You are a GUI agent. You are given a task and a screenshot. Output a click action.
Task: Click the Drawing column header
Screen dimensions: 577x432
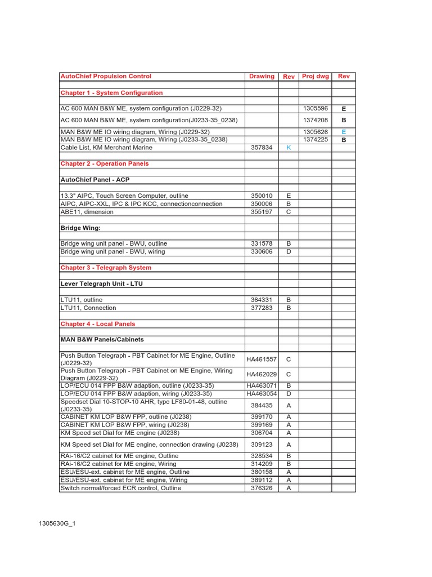point(262,77)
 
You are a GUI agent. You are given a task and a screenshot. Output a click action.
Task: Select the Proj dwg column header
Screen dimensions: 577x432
point(315,77)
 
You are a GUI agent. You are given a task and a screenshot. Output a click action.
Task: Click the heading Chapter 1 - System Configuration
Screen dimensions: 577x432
point(111,93)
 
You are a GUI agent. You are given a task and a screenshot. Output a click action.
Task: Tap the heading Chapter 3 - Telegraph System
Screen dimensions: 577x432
point(106,268)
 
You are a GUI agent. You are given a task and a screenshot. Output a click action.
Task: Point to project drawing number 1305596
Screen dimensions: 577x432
point(315,108)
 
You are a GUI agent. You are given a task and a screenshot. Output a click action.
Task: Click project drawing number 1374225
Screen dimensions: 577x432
point(315,139)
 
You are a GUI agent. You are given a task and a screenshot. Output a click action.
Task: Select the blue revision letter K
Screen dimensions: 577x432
point(289,148)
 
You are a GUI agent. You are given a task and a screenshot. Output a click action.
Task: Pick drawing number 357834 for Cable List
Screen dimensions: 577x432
point(262,148)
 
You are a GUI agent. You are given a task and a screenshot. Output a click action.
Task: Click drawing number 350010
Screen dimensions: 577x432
point(262,196)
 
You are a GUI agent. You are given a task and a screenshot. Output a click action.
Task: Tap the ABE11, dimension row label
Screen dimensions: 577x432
point(87,212)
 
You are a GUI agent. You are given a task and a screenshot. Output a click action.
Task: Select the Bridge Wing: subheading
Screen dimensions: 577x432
point(80,228)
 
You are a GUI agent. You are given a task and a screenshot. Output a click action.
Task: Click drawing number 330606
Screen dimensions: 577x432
point(262,252)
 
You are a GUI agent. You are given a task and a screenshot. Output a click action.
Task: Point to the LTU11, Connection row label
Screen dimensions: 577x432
point(88,308)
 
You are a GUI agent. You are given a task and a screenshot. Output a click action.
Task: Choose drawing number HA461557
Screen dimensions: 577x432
point(262,359)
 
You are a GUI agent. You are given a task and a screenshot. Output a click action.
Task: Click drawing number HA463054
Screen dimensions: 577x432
point(262,393)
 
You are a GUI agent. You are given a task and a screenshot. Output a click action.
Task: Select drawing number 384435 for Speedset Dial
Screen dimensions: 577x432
point(262,405)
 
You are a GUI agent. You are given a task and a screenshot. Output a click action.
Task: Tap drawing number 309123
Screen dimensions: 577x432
point(262,445)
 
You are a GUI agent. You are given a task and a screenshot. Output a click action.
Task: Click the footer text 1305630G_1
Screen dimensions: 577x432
point(57,523)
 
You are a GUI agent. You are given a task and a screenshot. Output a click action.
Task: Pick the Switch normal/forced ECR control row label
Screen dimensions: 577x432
point(120,488)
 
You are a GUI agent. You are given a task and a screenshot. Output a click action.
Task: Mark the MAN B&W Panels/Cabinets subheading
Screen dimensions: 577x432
point(102,340)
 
